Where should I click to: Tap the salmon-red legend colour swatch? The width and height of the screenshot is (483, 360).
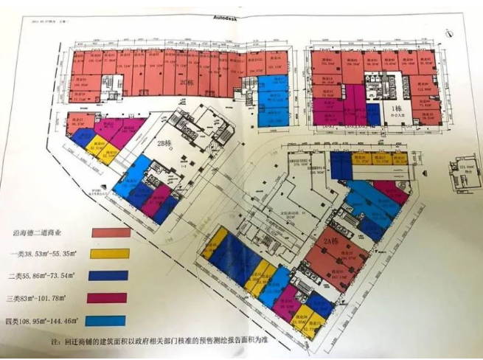click(111, 232)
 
